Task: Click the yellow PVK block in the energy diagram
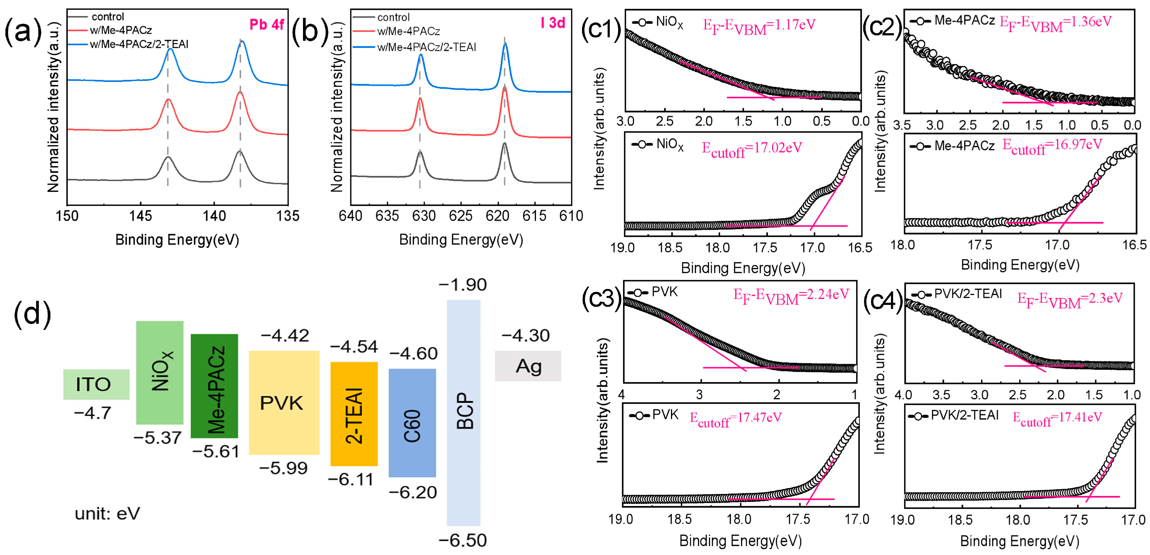point(284,403)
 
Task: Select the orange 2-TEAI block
point(354,414)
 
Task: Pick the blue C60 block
point(412,423)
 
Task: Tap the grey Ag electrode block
point(528,366)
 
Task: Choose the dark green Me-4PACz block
point(214,386)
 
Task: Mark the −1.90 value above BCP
point(463,285)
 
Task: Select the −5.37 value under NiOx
point(158,438)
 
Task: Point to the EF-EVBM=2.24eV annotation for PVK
point(791,295)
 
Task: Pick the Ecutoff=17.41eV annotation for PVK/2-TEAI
point(1057,418)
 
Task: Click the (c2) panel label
point(882,28)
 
